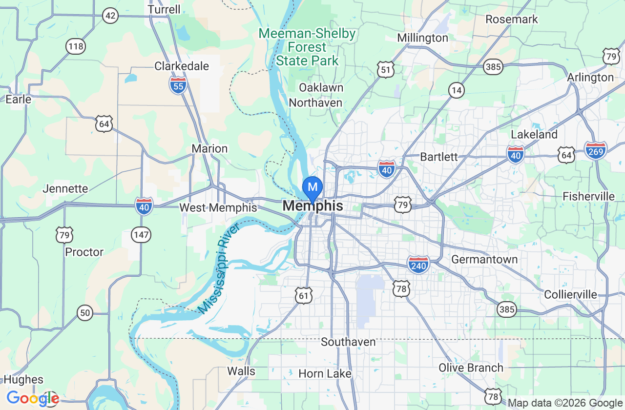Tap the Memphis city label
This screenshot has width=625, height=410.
(x=312, y=206)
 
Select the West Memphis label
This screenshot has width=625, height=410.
(x=218, y=208)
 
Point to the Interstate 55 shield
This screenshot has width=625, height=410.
(x=178, y=85)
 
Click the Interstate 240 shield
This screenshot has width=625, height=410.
(x=418, y=265)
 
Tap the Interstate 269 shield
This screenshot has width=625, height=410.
(x=595, y=150)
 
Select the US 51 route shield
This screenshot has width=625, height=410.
(x=386, y=70)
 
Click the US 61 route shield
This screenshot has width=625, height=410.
(x=303, y=295)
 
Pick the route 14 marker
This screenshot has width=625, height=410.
(x=457, y=90)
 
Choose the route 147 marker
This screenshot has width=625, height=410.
(x=141, y=235)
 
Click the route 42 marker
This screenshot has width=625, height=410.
(x=111, y=16)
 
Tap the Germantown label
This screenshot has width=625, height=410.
(x=484, y=259)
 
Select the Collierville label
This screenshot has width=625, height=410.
(x=570, y=294)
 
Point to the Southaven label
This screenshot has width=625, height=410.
(x=348, y=342)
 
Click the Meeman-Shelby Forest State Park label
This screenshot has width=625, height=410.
(x=307, y=47)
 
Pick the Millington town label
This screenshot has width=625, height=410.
(x=422, y=38)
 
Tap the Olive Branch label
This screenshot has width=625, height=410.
(x=471, y=368)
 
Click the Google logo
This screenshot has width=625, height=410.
(x=32, y=399)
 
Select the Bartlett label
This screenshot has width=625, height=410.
(x=439, y=157)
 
